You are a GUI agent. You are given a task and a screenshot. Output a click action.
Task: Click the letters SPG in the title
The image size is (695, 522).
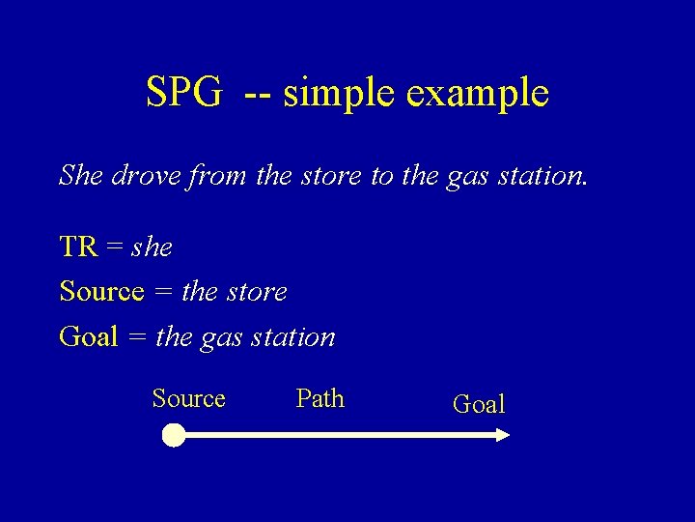click(x=183, y=93)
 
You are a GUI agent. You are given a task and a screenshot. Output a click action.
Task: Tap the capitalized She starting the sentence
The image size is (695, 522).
click(x=81, y=175)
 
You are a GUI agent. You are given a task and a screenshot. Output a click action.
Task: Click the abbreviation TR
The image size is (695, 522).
click(x=78, y=246)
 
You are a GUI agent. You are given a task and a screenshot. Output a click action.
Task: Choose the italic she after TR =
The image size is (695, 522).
click(x=152, y=247)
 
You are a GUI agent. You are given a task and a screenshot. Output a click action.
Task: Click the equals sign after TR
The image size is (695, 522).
click(x=115, y=247)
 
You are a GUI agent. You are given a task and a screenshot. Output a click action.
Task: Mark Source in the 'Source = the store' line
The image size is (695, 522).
click(x=101, y=291)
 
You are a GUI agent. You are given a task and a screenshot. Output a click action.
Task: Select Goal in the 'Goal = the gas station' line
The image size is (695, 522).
click(x=88, y=336)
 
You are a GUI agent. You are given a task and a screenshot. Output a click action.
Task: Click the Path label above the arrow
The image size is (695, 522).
click(x=320, y=398)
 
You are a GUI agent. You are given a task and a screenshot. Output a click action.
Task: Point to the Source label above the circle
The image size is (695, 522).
click(x=188, y=398)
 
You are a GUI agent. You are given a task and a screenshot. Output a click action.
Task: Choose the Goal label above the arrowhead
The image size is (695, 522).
click(x=479, y=404)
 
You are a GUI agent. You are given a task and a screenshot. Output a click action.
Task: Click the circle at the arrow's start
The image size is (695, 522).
click(x=173, y=436)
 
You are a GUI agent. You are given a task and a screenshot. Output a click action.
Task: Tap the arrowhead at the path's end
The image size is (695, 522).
click(x=501, y=436)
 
